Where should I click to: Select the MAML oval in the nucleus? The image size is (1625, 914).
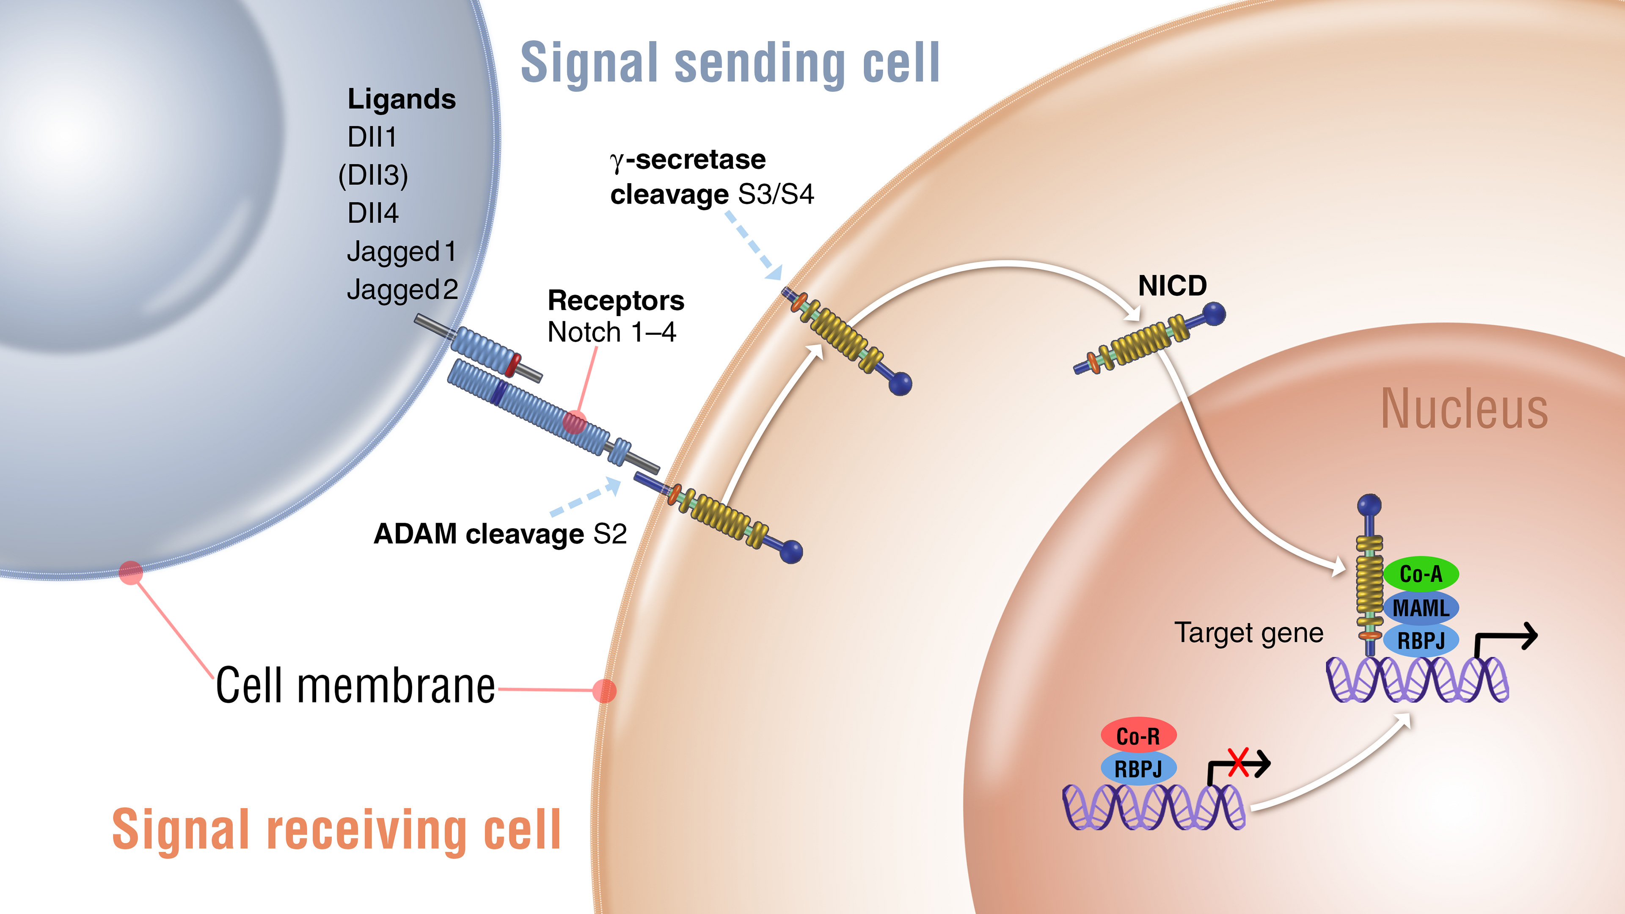pyautogui.click(x=1421, y=608)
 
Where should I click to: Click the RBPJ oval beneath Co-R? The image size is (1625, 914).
pyautogui.click(x=1138, y=769)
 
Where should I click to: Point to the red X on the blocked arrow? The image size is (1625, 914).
pyautogui.click(x=1238, y=763)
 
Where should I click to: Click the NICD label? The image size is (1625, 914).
pyautogui.click(x=1172, y=286)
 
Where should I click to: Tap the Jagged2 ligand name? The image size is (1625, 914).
pyautogui.click(x=402, y=289)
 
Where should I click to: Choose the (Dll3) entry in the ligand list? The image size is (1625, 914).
pyautogui.click(x=373, y=175)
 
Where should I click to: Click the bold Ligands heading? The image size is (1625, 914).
pyautogui.click(x=401, y=99)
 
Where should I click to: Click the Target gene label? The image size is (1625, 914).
pyautogui.click(x=1248, y=633)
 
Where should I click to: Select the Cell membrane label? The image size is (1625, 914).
pyautogui.click(x=355, y=685)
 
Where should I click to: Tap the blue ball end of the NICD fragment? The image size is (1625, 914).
pyautogui.click(x=1214, y=314)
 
